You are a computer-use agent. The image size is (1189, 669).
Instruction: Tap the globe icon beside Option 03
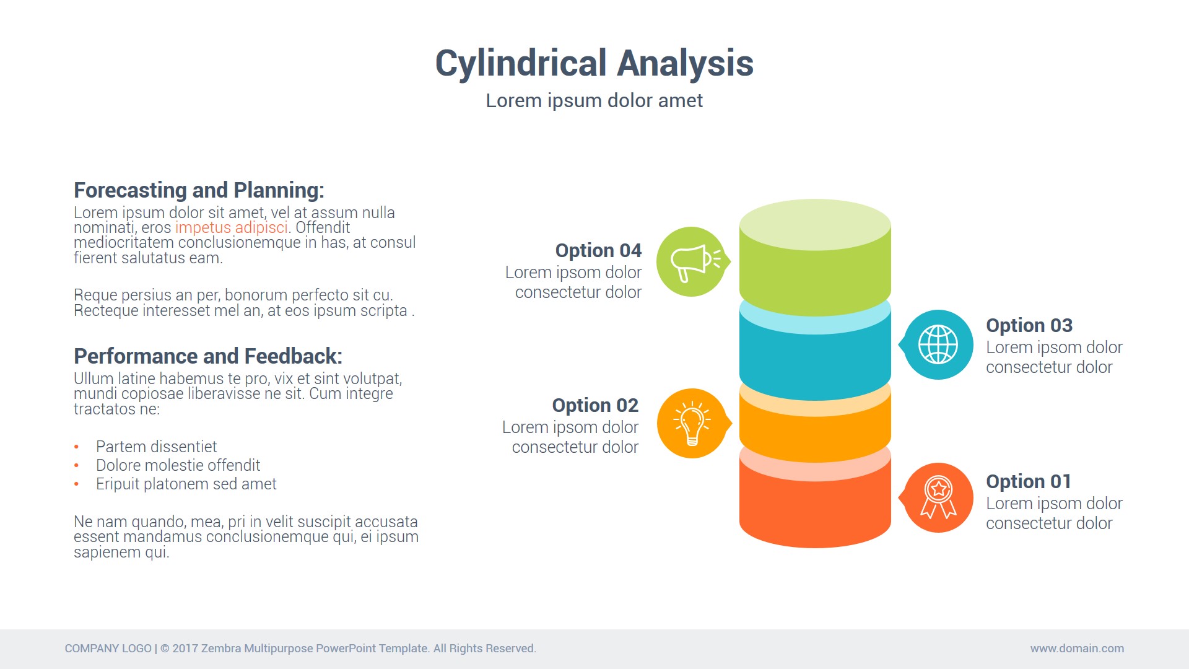[938, 344]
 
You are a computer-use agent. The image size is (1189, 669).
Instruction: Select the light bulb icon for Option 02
[692, 424]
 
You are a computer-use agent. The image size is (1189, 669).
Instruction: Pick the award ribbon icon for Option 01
[938, 497]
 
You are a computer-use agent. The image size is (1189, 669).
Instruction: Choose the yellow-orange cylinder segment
[815, 434]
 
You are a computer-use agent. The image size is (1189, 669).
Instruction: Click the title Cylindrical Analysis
[594, 63]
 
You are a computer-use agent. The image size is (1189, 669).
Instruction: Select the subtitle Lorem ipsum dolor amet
[594, 100]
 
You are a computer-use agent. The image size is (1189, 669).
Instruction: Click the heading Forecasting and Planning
[199, 190]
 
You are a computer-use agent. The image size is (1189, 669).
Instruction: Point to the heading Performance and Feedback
[208, 356]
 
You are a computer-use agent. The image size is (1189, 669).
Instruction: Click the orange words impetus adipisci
[232, 228]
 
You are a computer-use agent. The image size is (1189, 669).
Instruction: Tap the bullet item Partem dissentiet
[156, 447]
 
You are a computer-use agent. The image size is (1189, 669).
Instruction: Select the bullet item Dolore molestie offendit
[178, 465]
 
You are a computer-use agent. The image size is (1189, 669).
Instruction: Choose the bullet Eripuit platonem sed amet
[186, 484]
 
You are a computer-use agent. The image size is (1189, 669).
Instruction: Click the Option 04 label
[598, 250]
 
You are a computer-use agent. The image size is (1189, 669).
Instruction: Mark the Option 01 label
[1029, 481]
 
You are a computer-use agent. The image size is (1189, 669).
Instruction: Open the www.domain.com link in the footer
[1077, 649]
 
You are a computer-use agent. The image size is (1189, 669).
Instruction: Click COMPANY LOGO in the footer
[108, 649]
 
